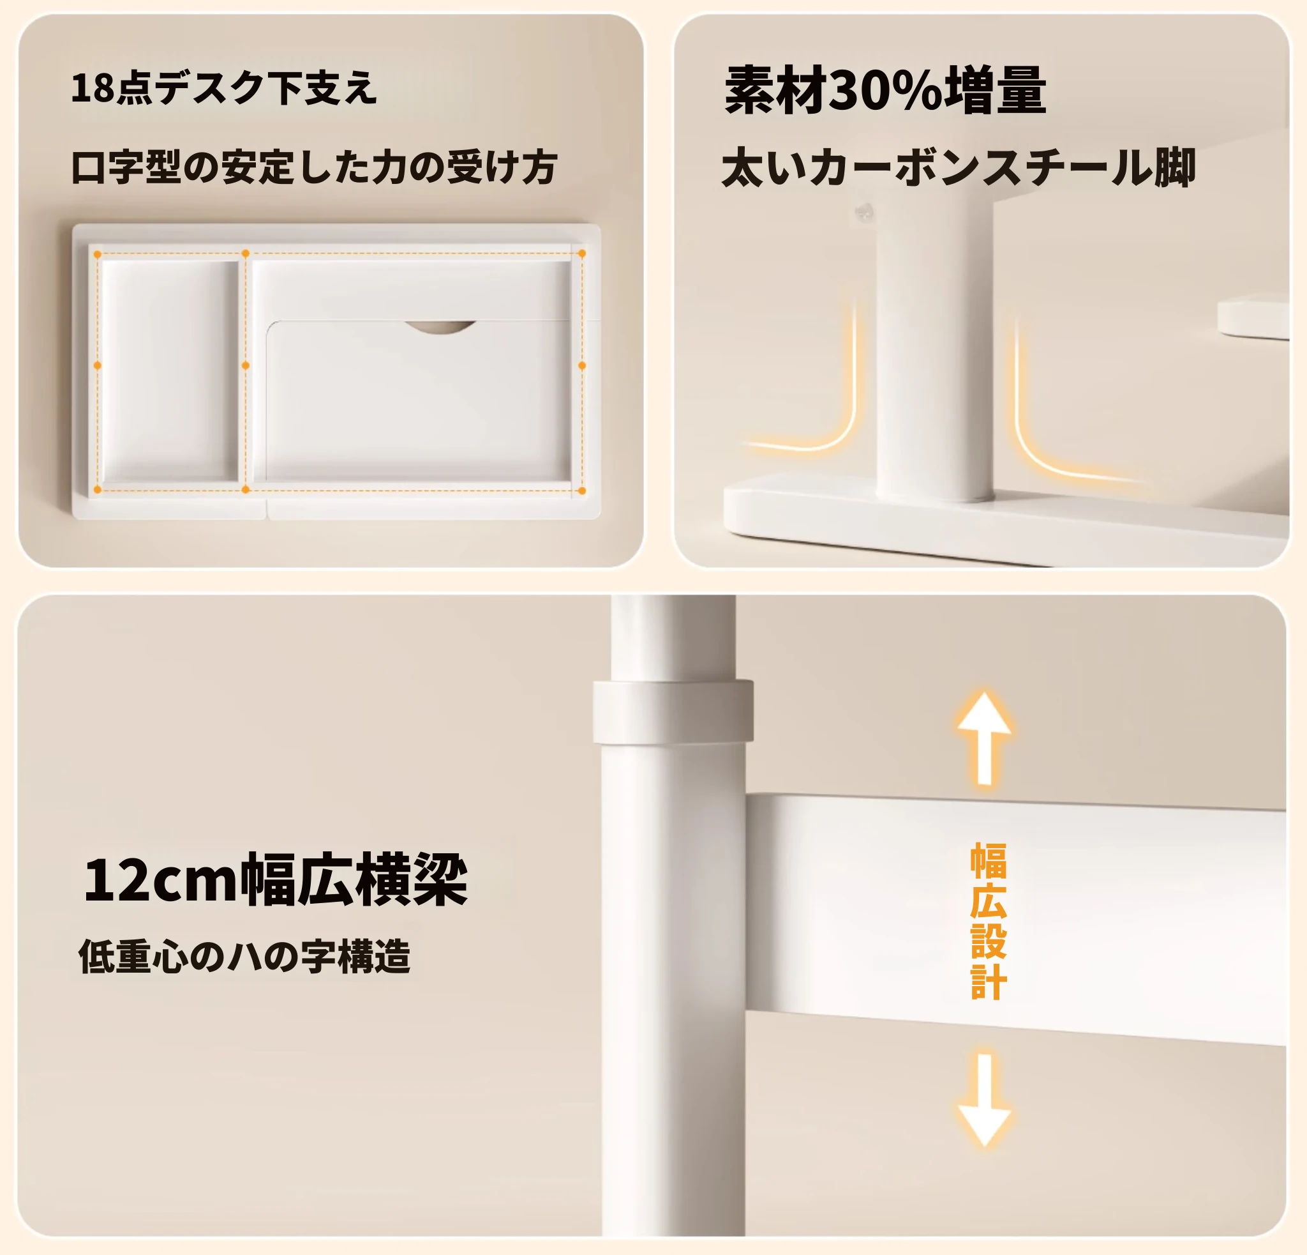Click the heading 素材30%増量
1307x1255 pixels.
coord(885,90)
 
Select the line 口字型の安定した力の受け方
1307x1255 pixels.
coord(314,167)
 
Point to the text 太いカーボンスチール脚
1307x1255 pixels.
coord(959,167)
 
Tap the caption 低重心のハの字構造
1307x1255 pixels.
coord(244,956)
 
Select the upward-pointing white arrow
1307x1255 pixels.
coord(984,738)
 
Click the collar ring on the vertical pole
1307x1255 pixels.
coord(673,712)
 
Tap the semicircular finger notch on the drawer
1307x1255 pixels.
coord(440,327)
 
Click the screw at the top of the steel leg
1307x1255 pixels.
coord(865,213)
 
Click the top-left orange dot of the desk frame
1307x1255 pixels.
coord(98,254)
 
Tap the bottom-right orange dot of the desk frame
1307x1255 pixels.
coord(581,491)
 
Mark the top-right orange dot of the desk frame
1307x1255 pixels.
coord(581,254)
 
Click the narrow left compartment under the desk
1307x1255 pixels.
coord(170,370)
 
